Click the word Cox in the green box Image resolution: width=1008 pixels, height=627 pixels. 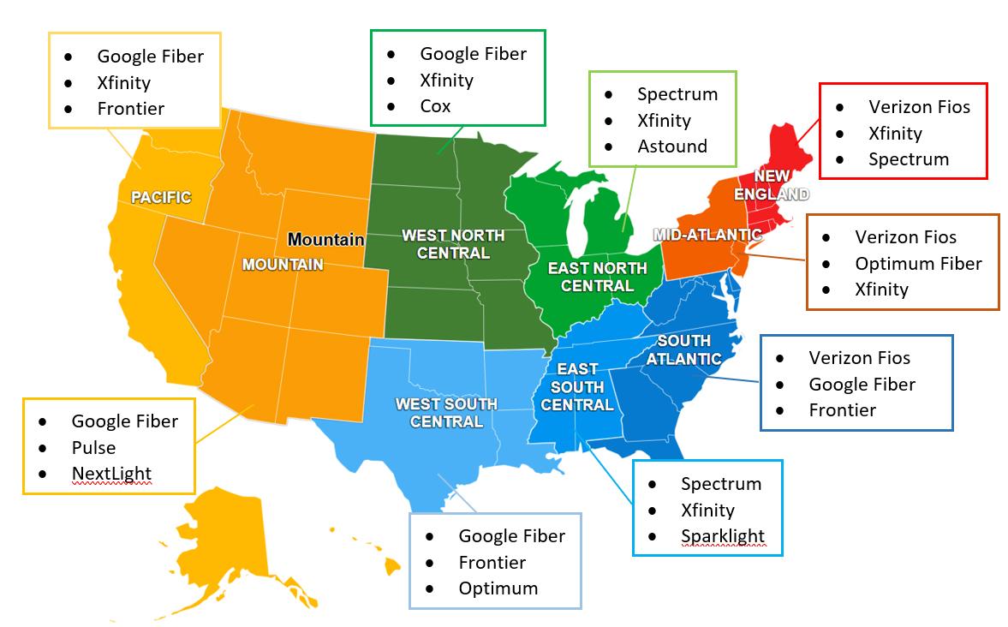(435, 107)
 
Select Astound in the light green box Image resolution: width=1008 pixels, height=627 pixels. (672, 146)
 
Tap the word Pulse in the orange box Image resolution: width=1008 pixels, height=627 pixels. (93, 448)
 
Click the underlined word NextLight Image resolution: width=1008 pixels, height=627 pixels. (111, 475)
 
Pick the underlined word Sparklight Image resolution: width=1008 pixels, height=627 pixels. (722, 537)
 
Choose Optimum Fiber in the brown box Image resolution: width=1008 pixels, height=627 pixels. (918, 264)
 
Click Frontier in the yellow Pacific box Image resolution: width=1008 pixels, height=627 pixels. (130, 109)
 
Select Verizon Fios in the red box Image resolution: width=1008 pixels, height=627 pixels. (919, 107)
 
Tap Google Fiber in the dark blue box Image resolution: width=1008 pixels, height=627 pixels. (862, 385)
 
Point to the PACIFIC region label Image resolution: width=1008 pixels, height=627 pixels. (160, 198)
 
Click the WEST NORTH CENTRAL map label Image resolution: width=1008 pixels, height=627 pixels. (453, 244)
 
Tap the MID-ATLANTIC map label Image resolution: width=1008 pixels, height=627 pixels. (707, 235)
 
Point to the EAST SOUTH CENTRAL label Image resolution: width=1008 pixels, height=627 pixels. (577, 386)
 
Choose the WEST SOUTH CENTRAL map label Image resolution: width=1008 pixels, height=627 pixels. (445, 413)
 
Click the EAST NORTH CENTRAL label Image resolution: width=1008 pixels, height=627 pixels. (597, 277)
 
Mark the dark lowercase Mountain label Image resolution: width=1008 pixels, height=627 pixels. (325, 240)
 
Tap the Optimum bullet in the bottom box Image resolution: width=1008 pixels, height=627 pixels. (498, 588)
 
